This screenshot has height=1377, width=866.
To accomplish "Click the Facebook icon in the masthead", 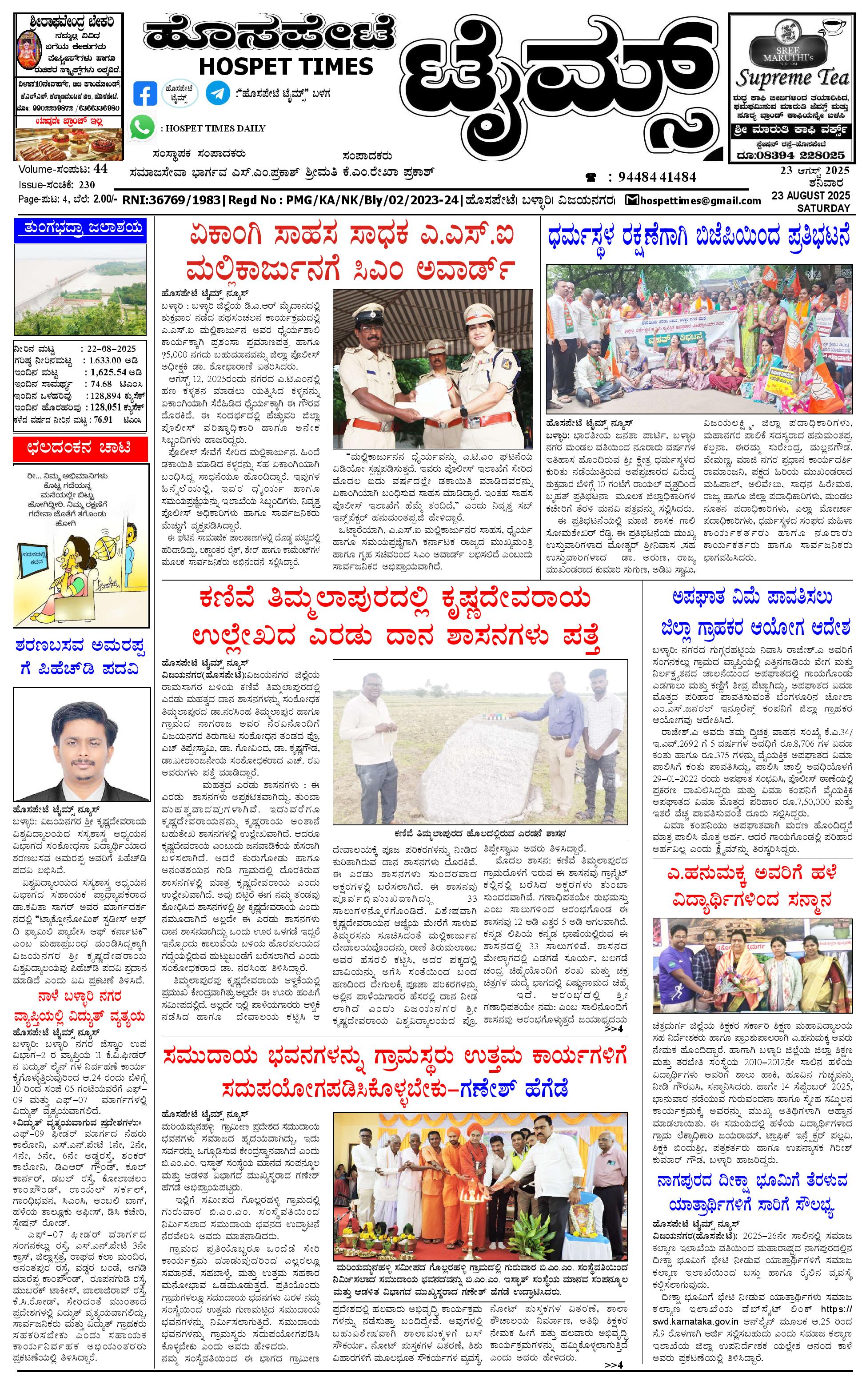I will (x=145, y=94).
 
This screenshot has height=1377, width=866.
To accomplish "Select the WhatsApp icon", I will (x=142, y=127).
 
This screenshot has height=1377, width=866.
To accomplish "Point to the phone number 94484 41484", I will (x=657, y=177).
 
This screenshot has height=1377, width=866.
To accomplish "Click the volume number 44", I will (x=101, y=169).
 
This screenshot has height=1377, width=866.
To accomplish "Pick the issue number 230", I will (x=87, y=185).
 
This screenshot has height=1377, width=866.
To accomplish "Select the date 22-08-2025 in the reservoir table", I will (x=111, y=348).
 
